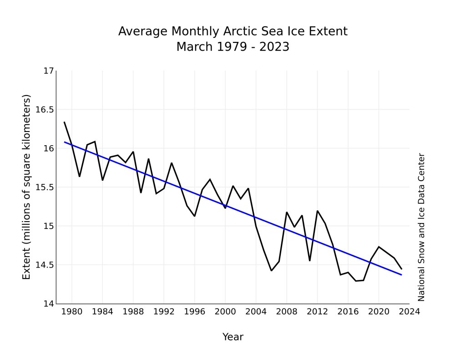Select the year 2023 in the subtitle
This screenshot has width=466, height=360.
(274, 47)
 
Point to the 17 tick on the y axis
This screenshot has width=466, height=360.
(49, 71)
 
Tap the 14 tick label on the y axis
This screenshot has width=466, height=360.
(49, 304)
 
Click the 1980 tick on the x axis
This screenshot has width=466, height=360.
(72, 312)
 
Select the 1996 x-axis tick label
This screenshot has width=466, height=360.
(195, 312)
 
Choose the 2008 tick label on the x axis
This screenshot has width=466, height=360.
(287, 312)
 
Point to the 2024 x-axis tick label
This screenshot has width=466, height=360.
(410, 312)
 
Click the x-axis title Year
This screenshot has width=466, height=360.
(233, 337)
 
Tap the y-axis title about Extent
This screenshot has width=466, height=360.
(27, 187)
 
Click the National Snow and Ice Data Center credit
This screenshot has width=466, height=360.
(421, 227)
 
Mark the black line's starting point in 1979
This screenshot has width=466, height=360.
(64, 122)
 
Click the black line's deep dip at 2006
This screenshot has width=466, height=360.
(271, 271)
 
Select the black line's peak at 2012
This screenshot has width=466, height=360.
(317, 211)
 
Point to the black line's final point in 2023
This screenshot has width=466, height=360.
(401, 269)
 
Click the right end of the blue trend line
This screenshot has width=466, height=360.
(401, 275)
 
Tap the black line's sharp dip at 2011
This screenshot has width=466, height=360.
(309, 261)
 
